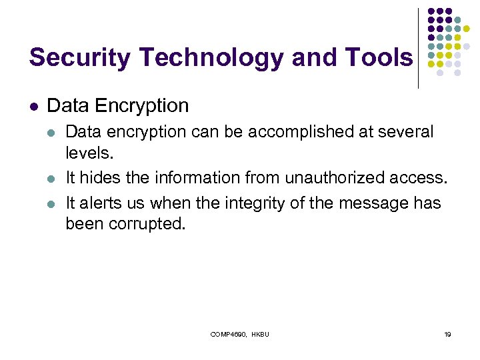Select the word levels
[89, 153]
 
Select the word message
[377, 203]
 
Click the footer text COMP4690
[228, 334]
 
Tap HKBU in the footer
[261, 334]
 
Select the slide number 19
[447, 334]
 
